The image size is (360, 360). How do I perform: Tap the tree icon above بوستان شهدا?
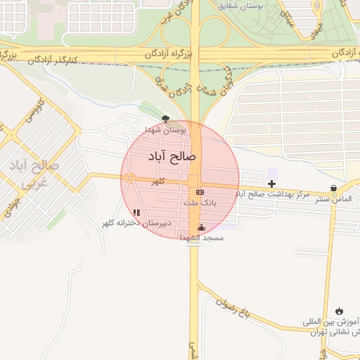pos(165,120)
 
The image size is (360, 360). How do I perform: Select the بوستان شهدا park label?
pos(166,130)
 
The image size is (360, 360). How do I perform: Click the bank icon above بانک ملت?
pos(200,192)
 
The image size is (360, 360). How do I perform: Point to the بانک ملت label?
pos(201,202)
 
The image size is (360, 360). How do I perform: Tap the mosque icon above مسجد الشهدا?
pos(202,227)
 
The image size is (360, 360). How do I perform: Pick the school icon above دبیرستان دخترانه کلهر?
pos(136,212)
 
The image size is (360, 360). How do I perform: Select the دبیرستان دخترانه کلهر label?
pos(136,223)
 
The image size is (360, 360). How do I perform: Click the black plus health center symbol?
pos(272,184)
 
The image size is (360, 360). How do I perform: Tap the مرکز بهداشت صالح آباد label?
pos(272,193)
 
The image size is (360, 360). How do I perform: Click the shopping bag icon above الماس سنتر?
pos(333,188)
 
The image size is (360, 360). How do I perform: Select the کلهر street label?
pos(160,181)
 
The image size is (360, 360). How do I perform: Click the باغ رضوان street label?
pos(235,299)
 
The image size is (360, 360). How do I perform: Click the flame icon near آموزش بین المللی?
pos(340,310)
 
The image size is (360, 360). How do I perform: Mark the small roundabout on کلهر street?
pos(129,179)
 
